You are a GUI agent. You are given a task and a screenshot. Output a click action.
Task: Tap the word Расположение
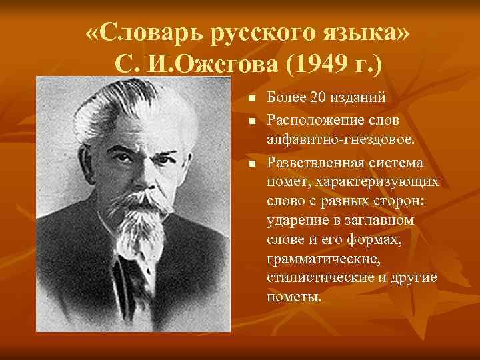tap(313, 120)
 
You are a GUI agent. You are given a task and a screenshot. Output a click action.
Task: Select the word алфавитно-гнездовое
tap(341, 141)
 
